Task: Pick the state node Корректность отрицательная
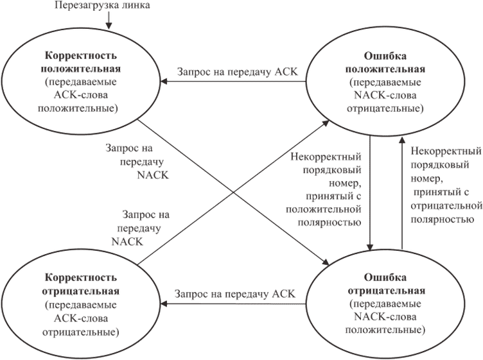coord(81,302)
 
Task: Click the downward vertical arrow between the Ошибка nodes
coord(371,193)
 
